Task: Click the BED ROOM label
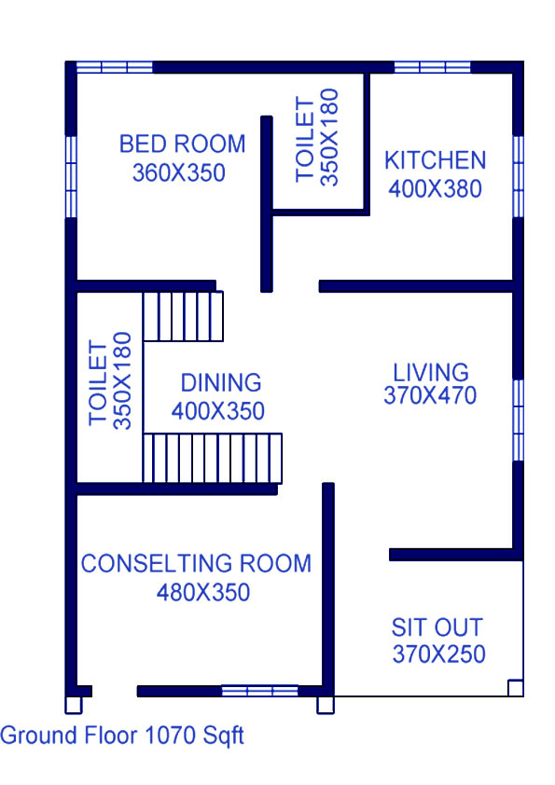tap(182, 145)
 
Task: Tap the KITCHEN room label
tap(436, 160)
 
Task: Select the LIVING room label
tap(431, 373)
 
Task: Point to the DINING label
tap(221, 383)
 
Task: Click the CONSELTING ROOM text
tap(197, 564)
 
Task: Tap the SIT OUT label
tap(437, 627)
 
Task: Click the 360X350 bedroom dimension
tap(179, 173)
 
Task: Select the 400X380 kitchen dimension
tap(436, 189)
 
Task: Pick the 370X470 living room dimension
tap(430, 395)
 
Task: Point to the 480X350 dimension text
tap(203, 593)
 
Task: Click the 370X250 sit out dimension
tap(439, 654)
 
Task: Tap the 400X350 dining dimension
tap(218, 411)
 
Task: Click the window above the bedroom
tap(115, 67)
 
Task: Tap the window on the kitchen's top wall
tap(433, 67)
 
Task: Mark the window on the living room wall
tap(519, 420)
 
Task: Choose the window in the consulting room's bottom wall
tap(260, 692)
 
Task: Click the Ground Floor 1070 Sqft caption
tap(121, 736)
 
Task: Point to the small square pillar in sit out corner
tap(516, 688)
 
